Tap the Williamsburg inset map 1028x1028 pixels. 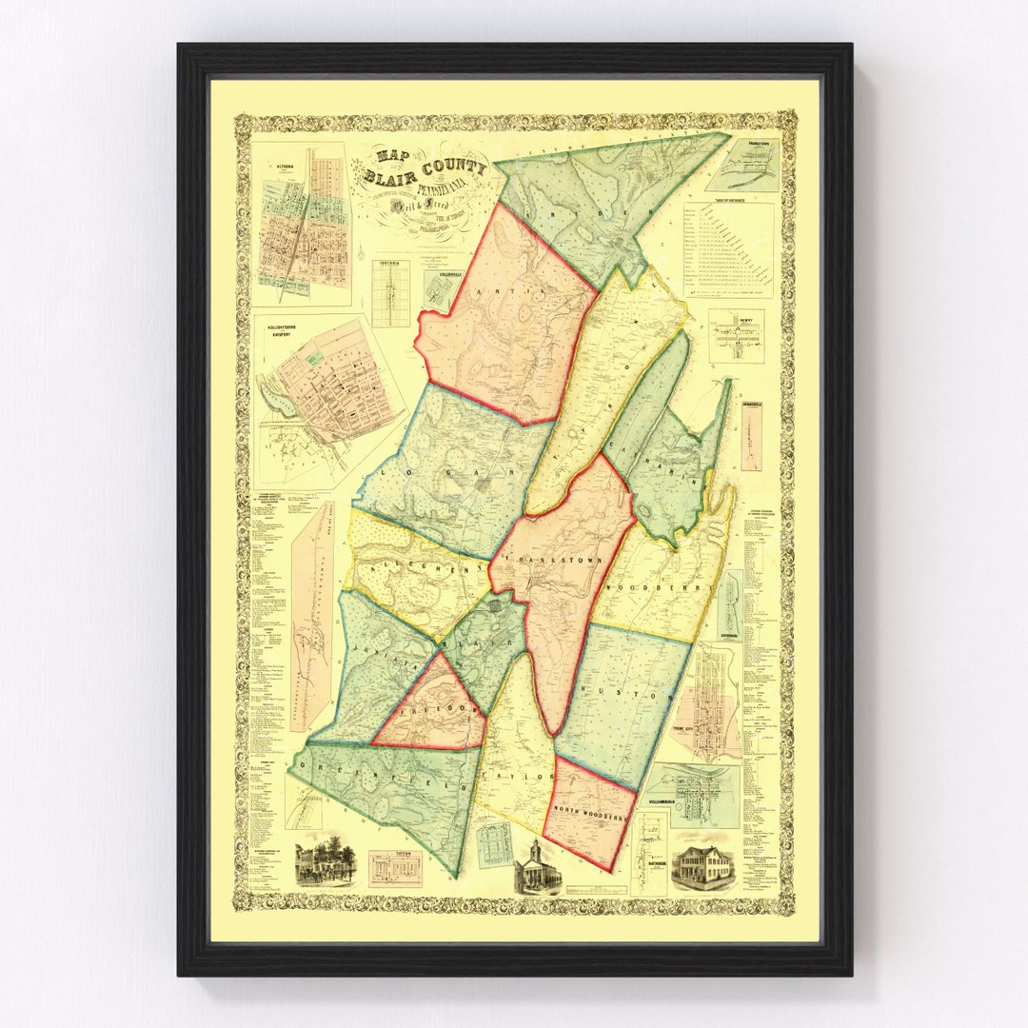[x=693, y=795]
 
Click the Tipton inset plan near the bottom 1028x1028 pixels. [x=394, y=869]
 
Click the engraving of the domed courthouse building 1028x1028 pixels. [x=536, y=868]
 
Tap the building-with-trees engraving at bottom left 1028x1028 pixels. [x=325, y=861]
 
